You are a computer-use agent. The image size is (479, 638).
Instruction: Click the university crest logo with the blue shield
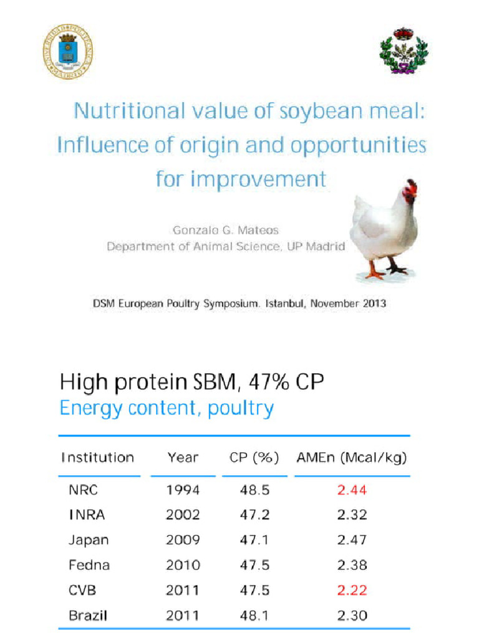click(67, 51)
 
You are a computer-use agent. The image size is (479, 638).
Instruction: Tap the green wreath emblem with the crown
click(404, 50)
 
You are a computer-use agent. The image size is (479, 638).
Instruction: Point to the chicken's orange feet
click(384, 272)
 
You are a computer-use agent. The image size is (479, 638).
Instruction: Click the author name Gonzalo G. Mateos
click(226, 230)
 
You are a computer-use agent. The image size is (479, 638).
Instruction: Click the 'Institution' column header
click(97, 457)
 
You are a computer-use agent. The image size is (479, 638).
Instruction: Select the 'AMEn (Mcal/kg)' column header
click(352, 457)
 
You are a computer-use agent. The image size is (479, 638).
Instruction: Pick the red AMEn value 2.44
click(352, 490)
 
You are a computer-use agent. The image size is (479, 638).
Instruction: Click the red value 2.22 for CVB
click(352, 590)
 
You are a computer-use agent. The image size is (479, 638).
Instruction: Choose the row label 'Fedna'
click(89, 565)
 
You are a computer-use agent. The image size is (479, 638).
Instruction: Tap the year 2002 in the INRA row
click(183, 515)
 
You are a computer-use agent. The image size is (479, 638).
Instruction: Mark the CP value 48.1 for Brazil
click(254, 616)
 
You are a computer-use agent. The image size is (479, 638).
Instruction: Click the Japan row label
click(88, 540)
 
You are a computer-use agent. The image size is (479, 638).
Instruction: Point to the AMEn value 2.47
click(352, 540)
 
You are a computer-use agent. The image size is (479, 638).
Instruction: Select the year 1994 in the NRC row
click(183, 490)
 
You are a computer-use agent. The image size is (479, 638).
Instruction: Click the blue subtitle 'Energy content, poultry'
click(167, 409)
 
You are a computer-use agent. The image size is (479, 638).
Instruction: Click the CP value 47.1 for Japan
click(254, 540)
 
